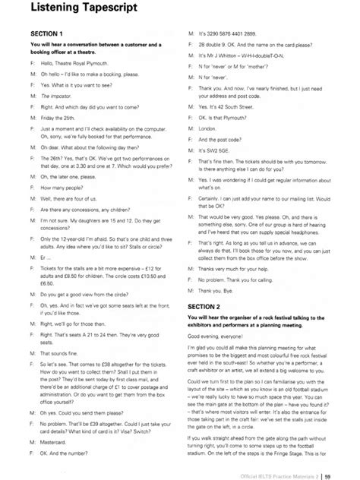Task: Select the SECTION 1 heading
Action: click(x=47, y=34)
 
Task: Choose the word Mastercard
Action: click(x=55, y=440)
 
